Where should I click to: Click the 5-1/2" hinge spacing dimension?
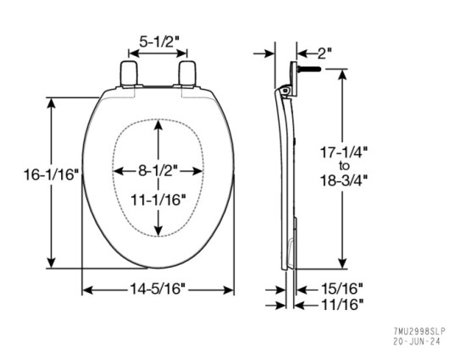(159, 39)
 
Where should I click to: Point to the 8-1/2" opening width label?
(159, 171)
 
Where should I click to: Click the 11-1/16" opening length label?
(159, 201)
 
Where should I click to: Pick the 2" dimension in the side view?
(322, 52)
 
